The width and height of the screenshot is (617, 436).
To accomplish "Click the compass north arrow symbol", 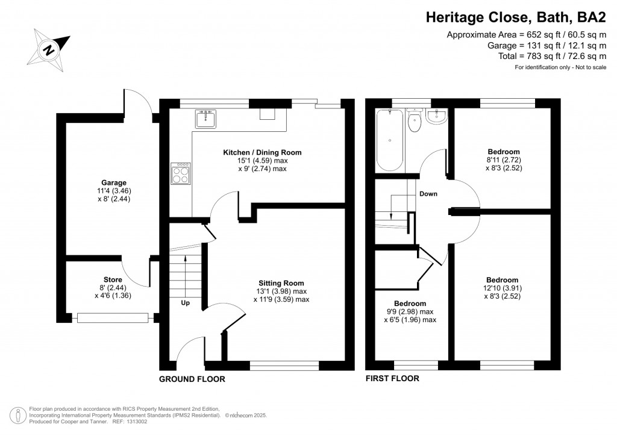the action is click(x=49, y=50).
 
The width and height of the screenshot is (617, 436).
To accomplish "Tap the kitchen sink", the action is click(x=205, y=119).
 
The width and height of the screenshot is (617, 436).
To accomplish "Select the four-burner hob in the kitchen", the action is click(x=181, y=173).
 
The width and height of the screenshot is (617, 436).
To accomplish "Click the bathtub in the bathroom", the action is click(x=390, y=140).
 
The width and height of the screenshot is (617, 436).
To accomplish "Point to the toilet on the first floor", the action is click(x=414, y=120).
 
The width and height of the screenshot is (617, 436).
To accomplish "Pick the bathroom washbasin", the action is click(x=436, y=116).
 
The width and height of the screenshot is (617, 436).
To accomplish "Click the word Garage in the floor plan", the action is click(x=114, y=182).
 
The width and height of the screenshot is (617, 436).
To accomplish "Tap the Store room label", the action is click(x=113, y=279).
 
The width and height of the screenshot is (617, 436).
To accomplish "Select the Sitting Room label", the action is click(x=281, y=283).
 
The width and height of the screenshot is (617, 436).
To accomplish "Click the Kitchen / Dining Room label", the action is click(x=262, y=152).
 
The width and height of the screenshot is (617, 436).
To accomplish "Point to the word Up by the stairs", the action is click(x=186, y=303).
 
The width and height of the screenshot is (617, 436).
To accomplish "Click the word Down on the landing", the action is click(x=428, y=194).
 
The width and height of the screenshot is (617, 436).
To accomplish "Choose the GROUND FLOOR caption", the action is click(x=192, y=379).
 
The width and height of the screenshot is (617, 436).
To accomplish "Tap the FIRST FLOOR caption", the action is click(x=392, y=378).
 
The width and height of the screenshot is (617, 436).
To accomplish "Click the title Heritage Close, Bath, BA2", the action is click(x=516, y=17).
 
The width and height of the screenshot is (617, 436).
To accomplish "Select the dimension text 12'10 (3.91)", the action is click(x=502, y=288).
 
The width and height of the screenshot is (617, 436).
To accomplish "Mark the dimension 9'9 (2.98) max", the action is click(x=410, y=311).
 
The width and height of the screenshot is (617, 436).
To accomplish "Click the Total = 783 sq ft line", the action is click(x=552, y=56).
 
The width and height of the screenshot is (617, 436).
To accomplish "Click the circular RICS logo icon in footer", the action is click(x=18, y=416).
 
